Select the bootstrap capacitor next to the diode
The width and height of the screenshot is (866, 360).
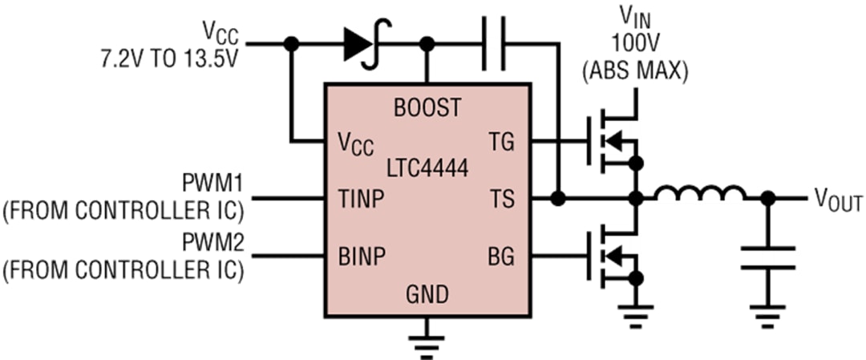pyautogui.click(x=496, y=45)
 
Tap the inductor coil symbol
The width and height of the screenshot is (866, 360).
pyautogui.click(x=700, y=196)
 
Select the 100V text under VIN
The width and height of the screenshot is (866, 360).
pyautogui.click(x=634, y=40)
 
